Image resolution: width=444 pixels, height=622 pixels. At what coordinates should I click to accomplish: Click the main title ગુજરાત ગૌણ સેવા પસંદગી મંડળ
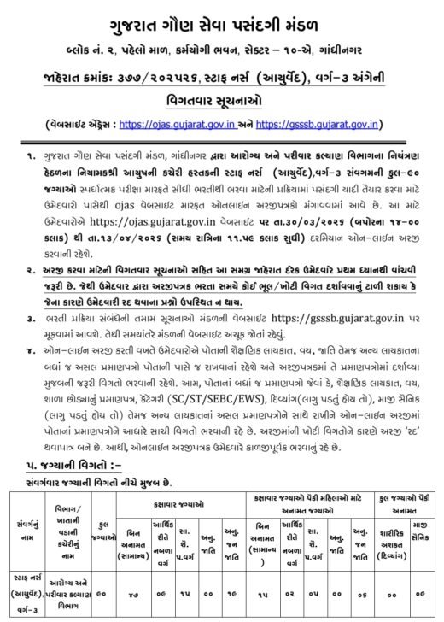pyautogui.click(x=222, y=20)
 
